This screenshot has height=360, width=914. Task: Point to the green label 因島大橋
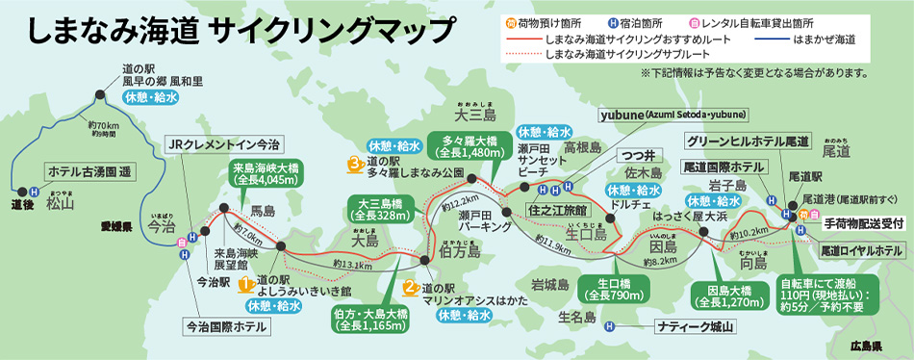pyautogui.click(x=728, y=294)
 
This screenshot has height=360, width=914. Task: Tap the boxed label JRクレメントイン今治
pyautogui.click(x=223, y=144)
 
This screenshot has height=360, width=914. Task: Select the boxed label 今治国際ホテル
pyautogui.click(x=227, y=325)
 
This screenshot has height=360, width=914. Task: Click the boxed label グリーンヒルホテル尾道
pyautogui.click(x=748, y=141)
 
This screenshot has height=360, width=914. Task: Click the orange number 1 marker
pyautogui.click(x=245, y=284)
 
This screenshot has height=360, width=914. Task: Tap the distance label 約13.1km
pyautogui.click(x=352, y=265)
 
